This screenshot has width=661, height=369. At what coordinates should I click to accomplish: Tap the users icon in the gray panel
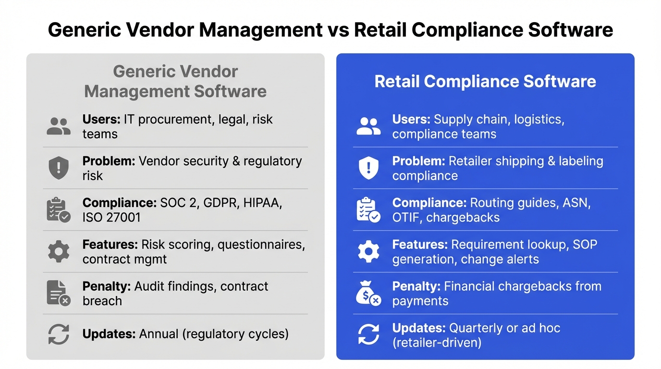59,126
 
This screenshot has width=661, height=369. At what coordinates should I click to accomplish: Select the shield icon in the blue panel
368,168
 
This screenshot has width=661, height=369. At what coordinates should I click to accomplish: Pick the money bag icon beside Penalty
368,294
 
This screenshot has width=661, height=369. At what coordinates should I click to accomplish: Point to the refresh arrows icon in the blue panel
368,335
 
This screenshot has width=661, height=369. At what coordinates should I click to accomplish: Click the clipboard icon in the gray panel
59,210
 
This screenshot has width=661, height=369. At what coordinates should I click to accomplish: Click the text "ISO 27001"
111,218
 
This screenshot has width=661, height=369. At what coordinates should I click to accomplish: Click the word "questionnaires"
261,245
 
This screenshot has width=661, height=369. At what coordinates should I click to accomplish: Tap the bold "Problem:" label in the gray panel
109,161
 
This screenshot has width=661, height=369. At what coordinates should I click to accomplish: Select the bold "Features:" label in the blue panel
419,245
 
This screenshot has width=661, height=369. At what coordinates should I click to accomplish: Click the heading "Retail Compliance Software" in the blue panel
485,81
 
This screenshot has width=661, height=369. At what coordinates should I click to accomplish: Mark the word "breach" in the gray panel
102,301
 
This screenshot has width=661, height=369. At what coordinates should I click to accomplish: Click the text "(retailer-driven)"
437,343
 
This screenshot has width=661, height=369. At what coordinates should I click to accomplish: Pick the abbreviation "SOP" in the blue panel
585,245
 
